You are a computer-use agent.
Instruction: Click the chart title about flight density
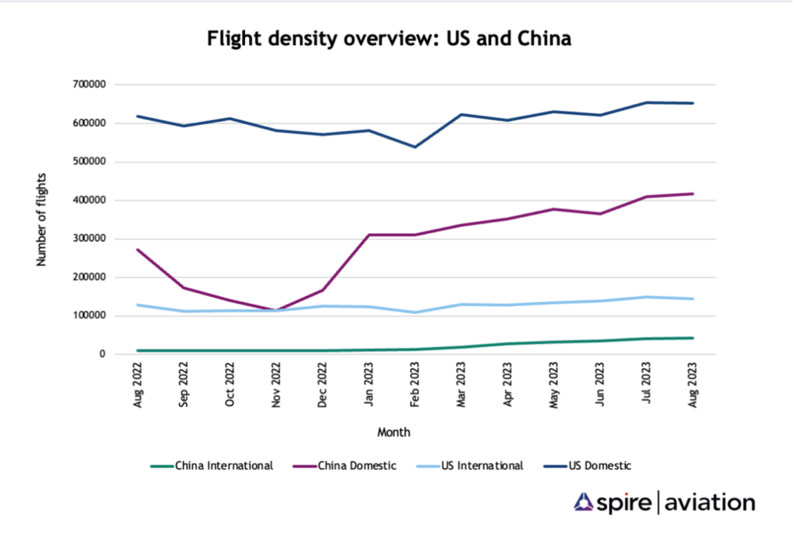click(x=388, y=39)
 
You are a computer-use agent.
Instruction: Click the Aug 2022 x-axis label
click(x=138, y=384)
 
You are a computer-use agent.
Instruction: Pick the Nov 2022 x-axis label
click(x=277, y=384)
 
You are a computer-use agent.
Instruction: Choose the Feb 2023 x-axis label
click(x=416, y=384)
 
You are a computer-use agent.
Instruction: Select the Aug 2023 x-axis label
click(x=692, y=384)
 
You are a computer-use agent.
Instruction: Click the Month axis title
click(x=394, y=432)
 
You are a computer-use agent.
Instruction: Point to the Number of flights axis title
click(x=42, y=220)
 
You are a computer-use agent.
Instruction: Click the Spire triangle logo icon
click(x=583, y=502)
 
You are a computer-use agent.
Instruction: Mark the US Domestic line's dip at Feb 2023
click(x=416, y=146)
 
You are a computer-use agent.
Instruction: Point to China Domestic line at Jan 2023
click(x=369, y=235)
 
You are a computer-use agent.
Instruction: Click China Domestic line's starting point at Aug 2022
click(x=138, y=250)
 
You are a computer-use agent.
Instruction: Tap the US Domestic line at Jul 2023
click(x=647, y=102)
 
